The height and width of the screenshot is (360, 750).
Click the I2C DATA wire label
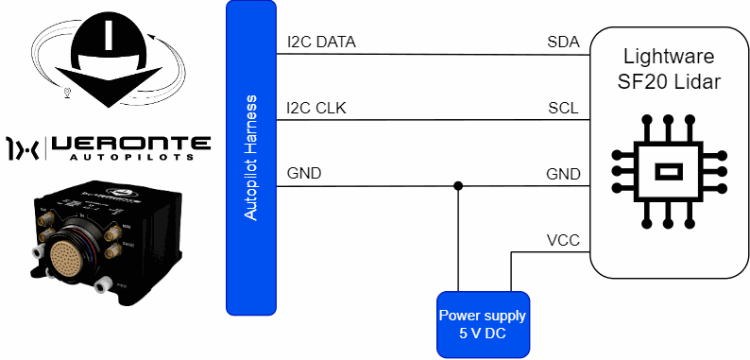pos(321,43)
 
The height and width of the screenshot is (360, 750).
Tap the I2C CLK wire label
pos(316,109)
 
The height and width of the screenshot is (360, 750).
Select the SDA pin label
pos(564,43)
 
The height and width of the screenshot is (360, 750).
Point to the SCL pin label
pos(563,109)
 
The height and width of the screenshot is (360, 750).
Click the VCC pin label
pos(563,240)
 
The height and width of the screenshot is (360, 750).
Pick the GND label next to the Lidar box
pos(563,174)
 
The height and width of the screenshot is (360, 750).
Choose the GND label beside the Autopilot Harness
pos(304,173)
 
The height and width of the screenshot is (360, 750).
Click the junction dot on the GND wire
pos(458,186)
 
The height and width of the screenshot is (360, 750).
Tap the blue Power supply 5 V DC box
pos(483,325)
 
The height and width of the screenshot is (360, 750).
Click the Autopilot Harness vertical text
pos(250,158)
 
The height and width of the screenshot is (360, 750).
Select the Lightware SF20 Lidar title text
pos(669,69)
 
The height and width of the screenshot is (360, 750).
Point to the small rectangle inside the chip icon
pos(668,171)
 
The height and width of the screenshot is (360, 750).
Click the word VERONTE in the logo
pos(130,143)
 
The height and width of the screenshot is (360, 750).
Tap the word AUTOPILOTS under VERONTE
pos(130,157)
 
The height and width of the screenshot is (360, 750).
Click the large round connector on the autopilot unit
pos(72,254)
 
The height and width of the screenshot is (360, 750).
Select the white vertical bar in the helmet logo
pos(109,35)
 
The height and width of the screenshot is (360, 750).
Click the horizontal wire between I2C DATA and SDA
pos(433,54)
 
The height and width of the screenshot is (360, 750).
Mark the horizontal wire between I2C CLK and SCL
pos(433,120)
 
